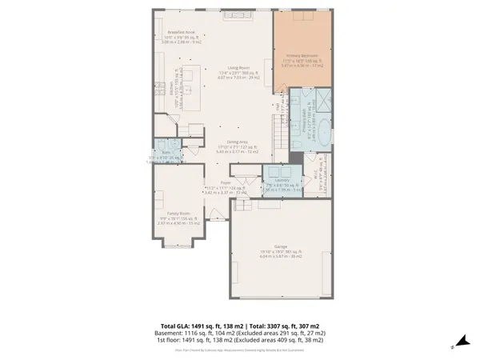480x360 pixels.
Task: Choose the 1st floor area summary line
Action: tap(240, 342)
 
